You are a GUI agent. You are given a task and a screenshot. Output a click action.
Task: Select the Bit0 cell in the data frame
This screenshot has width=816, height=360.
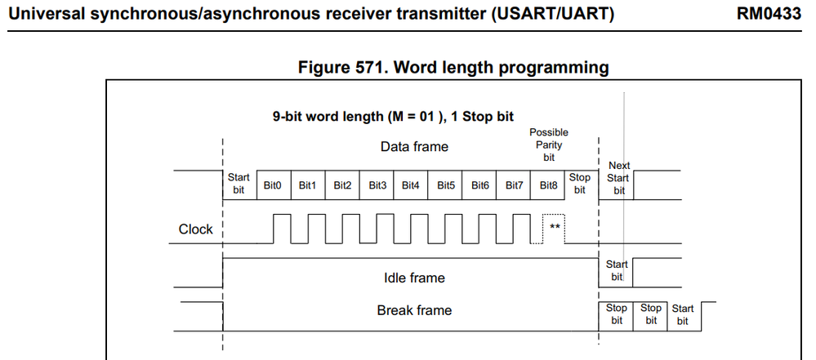[x=273, y=185]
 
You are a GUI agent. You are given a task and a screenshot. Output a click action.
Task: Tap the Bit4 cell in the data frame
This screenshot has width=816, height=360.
[x=411, y=185]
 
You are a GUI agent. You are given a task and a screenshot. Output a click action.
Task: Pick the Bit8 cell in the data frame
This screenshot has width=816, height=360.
[x=549, y=185]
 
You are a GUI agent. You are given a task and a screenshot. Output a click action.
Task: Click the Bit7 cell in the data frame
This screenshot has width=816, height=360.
[x=515, y=185]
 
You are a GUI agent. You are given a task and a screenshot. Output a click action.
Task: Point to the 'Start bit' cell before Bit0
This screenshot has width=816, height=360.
[x=239, y=184]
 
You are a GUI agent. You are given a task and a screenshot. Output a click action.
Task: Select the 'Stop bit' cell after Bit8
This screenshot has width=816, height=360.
[x=580, y=184]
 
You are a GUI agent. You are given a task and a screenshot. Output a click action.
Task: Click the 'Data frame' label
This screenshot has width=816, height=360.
[x=414, y=147]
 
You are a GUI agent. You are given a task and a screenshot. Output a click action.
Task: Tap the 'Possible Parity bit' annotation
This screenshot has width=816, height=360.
[x=549, y=144]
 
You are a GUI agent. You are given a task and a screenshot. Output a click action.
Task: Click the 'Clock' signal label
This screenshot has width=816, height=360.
[x=195, y=229]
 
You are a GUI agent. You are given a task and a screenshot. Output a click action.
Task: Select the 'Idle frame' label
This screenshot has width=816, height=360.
[x=414, y=278]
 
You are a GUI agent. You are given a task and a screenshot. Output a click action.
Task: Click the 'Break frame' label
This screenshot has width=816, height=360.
[x=414, y=310]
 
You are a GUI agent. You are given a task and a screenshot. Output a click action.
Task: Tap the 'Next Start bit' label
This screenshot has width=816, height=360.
[x=619, y=178]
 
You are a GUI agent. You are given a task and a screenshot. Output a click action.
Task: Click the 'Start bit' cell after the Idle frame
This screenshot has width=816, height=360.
[x=617, y=270]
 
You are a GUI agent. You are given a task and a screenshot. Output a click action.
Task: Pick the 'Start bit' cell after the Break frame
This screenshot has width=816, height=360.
[x=682, y=314]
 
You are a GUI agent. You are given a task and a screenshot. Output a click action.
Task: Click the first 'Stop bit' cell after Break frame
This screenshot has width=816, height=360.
[x=617, y=314]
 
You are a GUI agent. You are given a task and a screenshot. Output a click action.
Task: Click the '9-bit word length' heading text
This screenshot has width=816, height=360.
[x=392, y=116]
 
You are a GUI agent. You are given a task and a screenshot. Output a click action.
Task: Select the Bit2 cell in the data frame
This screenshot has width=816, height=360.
[x=342, y=185]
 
